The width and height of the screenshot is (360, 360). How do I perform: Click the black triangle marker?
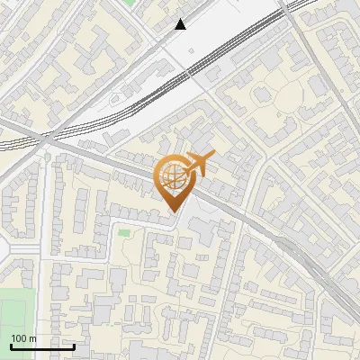coord(181,25)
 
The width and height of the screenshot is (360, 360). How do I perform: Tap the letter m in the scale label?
coord(33,338)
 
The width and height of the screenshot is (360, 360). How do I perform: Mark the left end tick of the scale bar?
coord(11,345)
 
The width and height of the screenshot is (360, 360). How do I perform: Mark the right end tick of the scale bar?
coord(74,345)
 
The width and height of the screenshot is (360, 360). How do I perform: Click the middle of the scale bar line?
coord(42,346)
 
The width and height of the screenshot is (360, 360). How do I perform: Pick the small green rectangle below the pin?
coord(123,233)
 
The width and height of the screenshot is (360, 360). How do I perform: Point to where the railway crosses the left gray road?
coord(42,138)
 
